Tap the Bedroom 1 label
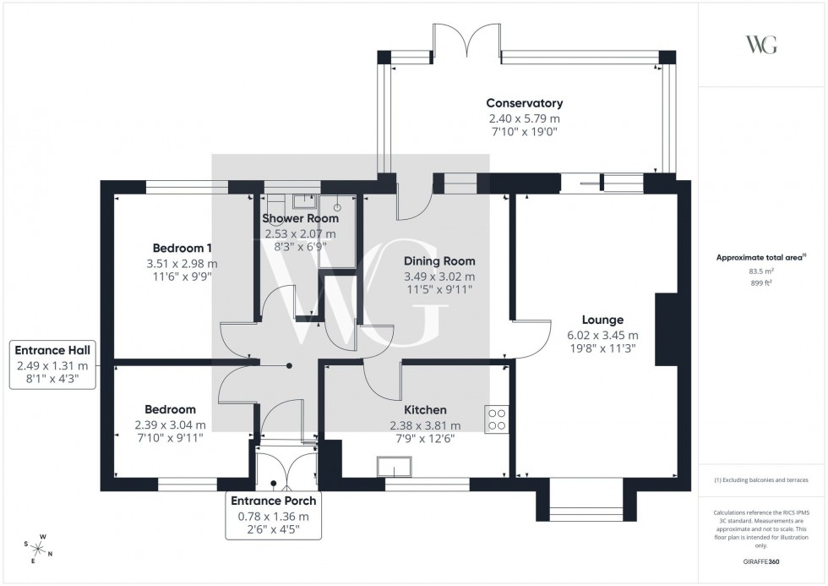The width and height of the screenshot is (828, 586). [182, 248]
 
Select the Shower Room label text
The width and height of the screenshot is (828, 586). [300, 218]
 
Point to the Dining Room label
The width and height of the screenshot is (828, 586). [439, 261]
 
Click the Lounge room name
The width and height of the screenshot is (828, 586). [602, 320]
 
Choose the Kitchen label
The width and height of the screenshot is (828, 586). [427, 409]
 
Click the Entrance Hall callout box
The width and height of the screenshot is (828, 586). [52, 364]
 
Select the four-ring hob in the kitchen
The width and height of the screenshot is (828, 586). [496, 419]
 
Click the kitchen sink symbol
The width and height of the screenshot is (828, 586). [394, 467]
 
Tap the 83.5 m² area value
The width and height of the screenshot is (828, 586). [761, 271]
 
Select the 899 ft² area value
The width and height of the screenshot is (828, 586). [761, 283]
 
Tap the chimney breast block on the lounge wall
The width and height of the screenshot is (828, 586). [667, 330]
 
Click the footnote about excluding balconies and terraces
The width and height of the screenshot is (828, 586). [761, 479]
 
